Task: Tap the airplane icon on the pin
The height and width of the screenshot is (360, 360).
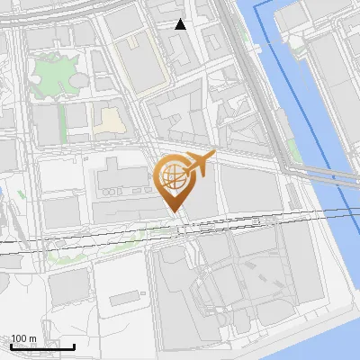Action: [199, 163]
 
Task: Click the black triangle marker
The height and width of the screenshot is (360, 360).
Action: [181, 24]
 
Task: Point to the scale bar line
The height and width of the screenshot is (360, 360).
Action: [42, 346]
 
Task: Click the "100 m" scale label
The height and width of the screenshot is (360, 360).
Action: [23, 338]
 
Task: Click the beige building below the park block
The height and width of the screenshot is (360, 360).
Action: [110, 120]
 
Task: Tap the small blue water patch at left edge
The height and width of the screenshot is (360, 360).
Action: [3, 192]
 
